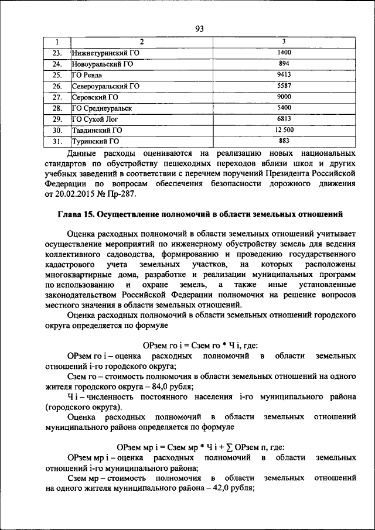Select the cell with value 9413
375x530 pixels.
[284, 74]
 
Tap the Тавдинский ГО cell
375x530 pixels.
[97, 130]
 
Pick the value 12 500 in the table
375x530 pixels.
[284, 130]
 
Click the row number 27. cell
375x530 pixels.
[57, 97]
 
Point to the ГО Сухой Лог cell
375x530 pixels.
[94, 119]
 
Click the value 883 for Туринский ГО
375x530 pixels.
[284, 141]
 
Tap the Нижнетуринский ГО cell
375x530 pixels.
[105, 53]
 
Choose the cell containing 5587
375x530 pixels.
[284, 86]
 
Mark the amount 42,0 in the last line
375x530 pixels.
[223, 489]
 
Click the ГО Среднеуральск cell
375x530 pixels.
[101, 108]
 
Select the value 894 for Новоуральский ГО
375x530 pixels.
[284, 63]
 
